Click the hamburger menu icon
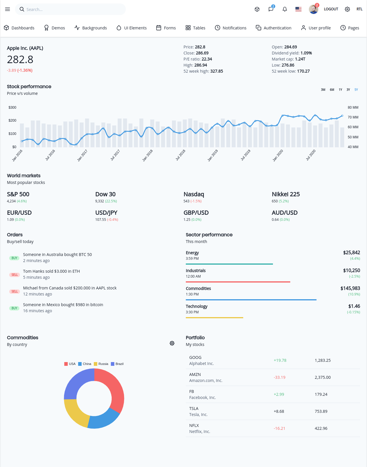click(8, 9)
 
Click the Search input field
click(70, 9)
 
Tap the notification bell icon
click(284, 9)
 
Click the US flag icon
click(298, 9)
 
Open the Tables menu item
click(195, 28)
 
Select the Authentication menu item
click(273, 28)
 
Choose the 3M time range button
click(323, 90)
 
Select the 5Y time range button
click(356, 90)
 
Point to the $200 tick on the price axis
click(12, 120)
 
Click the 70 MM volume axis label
click(353, 117)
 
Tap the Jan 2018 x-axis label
click(147, 155)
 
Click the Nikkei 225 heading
click(286, 194)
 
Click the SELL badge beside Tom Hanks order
click(15, 274)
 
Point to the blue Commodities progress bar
click(251, 300)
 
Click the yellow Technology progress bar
click(214, 317)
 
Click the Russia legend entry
click(101, 364)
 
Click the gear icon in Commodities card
click(172, 343)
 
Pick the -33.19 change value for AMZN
click(279, 377)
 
